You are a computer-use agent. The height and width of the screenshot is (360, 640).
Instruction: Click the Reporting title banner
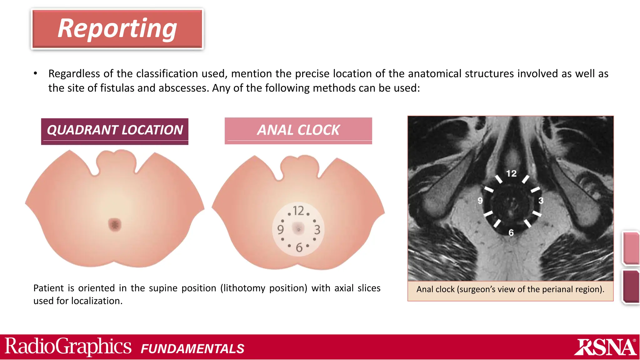tap(117, 29)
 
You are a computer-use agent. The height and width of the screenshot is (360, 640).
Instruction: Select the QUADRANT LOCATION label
tap(115, 130)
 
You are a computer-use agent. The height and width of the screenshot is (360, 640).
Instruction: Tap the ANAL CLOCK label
tap(298, 130)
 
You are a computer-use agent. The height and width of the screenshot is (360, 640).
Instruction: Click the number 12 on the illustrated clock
tap(298, 211)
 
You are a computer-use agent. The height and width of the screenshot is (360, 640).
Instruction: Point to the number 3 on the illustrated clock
tap(317, 230)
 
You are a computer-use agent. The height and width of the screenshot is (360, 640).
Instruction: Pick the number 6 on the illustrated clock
tap(299, 247)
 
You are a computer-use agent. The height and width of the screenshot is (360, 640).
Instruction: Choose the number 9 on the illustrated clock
tap(280, 230)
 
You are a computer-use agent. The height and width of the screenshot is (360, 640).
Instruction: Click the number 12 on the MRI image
tap(511, 173)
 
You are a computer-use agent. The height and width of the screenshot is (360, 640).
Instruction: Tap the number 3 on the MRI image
tap(541, 201)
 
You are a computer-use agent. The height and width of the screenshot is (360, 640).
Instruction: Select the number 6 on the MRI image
tap(511, 232)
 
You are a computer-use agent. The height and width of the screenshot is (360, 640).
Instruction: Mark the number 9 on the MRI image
tap(480, 201)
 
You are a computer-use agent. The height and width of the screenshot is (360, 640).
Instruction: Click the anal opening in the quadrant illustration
tap(115, 225)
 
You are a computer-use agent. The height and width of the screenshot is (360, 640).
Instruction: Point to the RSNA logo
tap(605, 347)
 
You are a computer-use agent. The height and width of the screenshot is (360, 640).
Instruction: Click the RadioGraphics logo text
tap(68, 347)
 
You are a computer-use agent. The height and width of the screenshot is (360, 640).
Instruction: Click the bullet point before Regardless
tap(36, 74)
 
